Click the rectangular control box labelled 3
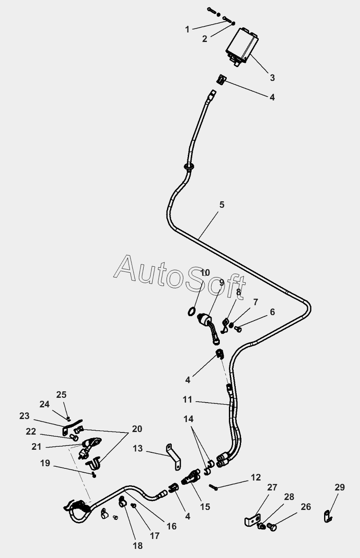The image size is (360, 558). click(242, 47)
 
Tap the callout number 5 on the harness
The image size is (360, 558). click(222, 205)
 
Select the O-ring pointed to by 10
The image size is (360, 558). click(191, 312)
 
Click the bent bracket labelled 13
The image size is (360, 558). click(174, 457)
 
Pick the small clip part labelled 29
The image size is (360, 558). click(328, 516)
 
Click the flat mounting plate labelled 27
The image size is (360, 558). click(252, 520)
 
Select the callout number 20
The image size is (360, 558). click(137, 429)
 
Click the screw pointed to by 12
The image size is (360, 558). click(214, 486)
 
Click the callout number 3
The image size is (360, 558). click(272, 78)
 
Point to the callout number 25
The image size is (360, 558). click(61, 395)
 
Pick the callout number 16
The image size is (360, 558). click(171, 526)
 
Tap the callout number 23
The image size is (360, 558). click(24, 416)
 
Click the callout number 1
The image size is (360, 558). click(187, 29)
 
